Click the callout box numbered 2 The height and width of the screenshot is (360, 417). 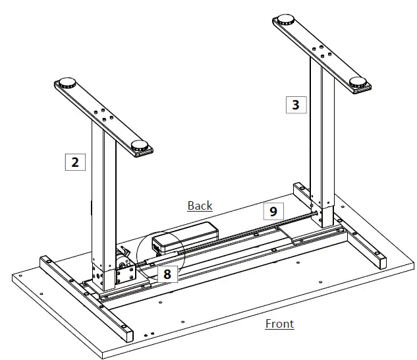point(75,162)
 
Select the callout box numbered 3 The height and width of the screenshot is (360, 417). point(296,104)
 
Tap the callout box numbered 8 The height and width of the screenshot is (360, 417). point(167,274)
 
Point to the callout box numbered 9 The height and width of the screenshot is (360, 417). point(273,211)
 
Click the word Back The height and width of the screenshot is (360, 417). point(200,206)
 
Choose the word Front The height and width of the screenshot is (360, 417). point(279,323)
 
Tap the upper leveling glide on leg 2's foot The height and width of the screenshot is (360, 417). point(67,84)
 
